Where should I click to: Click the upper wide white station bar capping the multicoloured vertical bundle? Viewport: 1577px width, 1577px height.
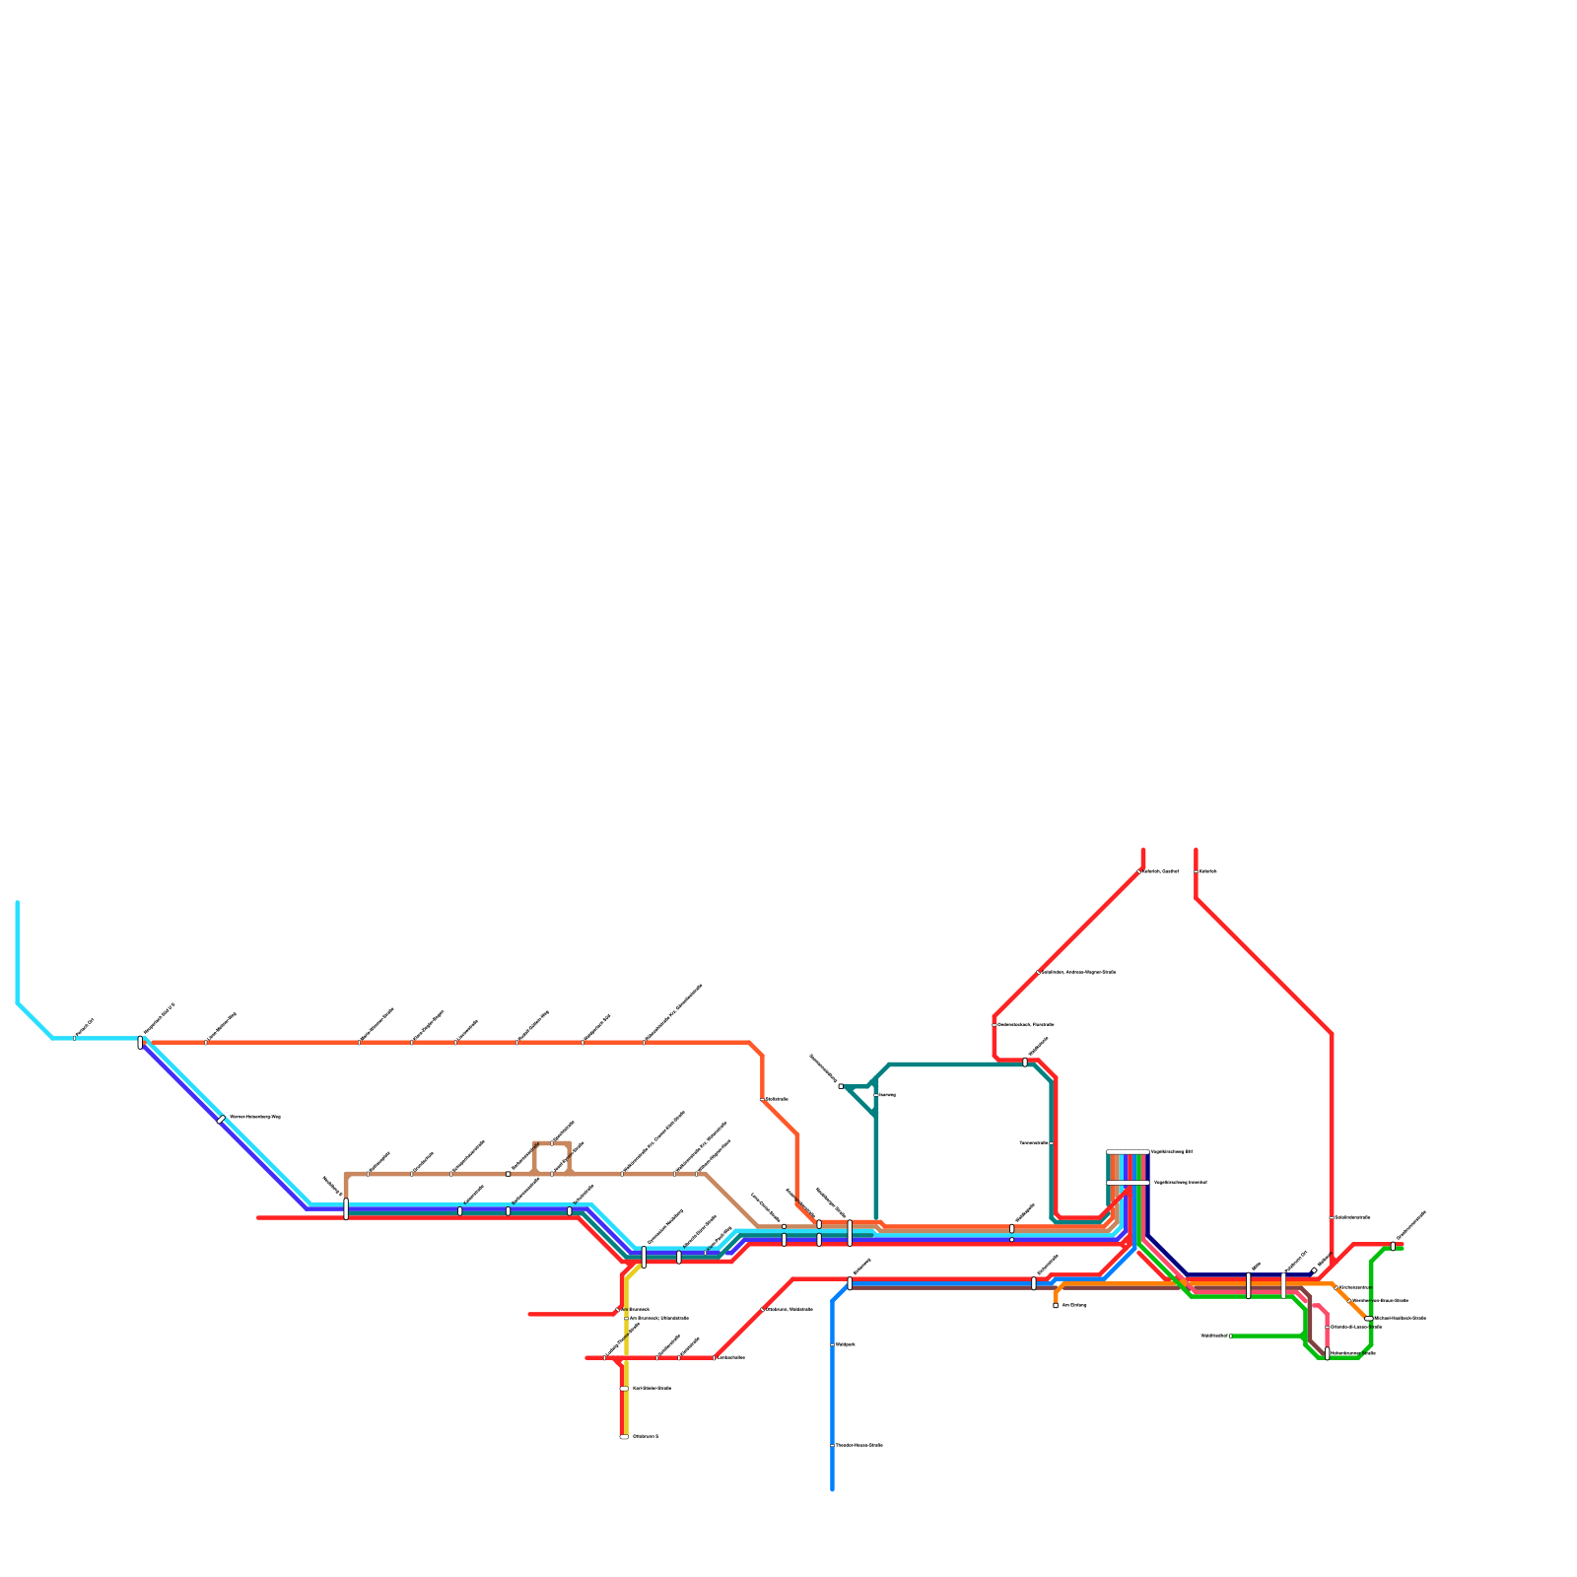[1128, 1151]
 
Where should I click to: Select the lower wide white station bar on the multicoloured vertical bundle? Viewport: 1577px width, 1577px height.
[1128, 1182]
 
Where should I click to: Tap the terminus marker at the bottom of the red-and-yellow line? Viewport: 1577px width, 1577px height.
[624, 1437]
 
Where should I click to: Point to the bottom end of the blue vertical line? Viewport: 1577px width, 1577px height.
[833, 1489]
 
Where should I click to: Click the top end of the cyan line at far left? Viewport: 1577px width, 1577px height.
[18, 902]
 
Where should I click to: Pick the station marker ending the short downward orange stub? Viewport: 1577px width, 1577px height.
[1056, 1305]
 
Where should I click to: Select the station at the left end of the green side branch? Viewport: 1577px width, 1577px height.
[1231, 1336]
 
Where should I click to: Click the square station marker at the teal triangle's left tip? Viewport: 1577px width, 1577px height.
[841, 1086]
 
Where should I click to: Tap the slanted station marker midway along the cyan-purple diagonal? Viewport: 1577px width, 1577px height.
[221, 1119]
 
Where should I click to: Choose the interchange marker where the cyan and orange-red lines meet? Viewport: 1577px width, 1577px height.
[141, 1042]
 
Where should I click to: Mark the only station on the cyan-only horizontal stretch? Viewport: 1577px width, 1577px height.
[75, 1037]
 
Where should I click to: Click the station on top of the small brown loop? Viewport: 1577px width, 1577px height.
[552, 1143]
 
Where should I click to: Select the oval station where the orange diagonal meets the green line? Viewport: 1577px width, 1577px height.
[1368, 1318]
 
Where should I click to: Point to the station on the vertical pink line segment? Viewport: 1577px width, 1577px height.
[1328, 1327]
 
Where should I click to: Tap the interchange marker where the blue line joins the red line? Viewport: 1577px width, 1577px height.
[850, 1283]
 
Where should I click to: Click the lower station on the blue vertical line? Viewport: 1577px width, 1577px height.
[833, 1445]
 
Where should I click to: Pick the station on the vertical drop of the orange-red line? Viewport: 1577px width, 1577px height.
[762, 1099]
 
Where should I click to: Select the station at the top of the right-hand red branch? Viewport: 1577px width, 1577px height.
[1196, 871]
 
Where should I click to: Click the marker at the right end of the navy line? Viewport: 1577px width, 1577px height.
[1314, 1270]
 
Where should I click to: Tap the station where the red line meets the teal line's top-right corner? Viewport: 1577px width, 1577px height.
[1025, 1063]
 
